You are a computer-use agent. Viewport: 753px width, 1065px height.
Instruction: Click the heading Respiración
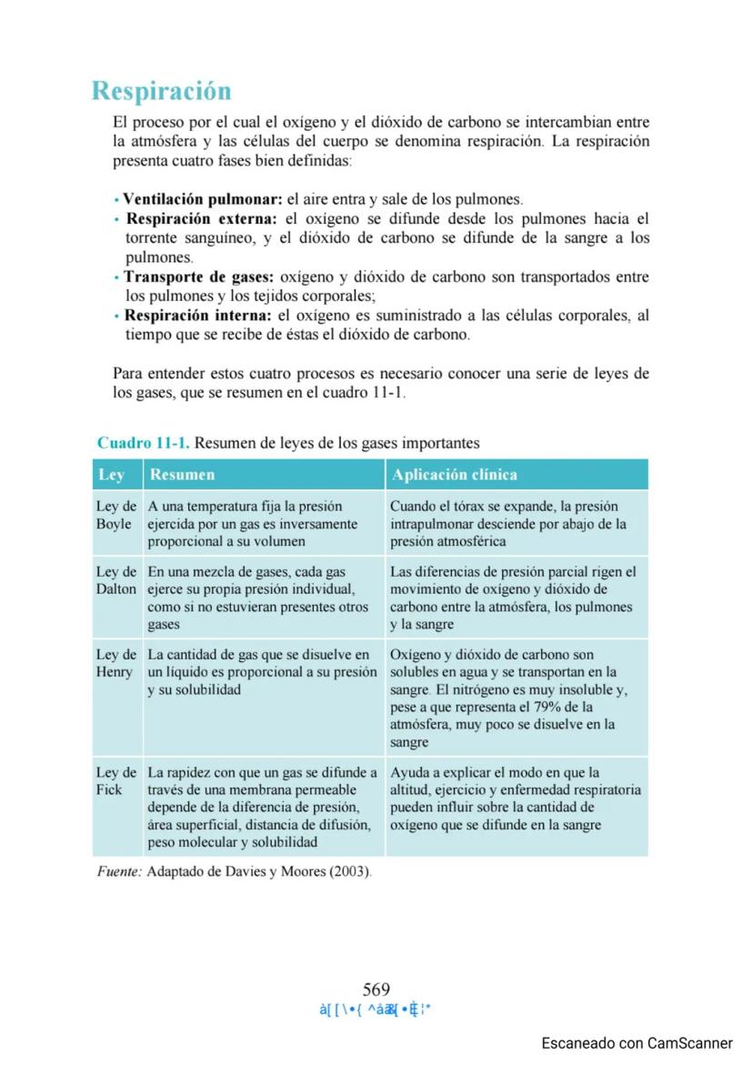pyautogui.click(x=161, y=91)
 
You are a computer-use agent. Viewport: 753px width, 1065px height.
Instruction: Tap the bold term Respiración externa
pyautogui.click(x=201, y=218)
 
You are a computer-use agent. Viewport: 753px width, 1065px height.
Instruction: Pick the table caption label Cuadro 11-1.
pyautogui.click(x=143, y=443)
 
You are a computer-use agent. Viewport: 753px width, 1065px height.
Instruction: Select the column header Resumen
pyautogui.click(x=182, y=475)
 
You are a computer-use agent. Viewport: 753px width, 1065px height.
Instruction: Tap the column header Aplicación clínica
pyautogui.click(x=453, y=475)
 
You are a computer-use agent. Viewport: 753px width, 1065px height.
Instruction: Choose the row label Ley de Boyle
pyautogui.click(x=115, y=515)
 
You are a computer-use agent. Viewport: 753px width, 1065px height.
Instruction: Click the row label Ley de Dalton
pyautogui.click(x=115, y=580)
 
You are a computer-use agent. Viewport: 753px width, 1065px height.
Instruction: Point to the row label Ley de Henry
pyautogui.click(x=115, y=663)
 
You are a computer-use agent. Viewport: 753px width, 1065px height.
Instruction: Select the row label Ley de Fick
pyautogui.click(x=115, y=781)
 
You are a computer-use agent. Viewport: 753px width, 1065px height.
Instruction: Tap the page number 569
pyautogui.click(x=376, y=990)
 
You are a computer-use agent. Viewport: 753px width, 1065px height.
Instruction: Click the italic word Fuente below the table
pyautogui.click(x=119, y=871)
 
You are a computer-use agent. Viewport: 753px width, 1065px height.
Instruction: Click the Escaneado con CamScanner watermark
pyautogui.click(x=637, y=1043)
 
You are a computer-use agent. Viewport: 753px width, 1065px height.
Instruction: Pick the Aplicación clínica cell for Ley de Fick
pyautogui.click(x=516, y=799)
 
